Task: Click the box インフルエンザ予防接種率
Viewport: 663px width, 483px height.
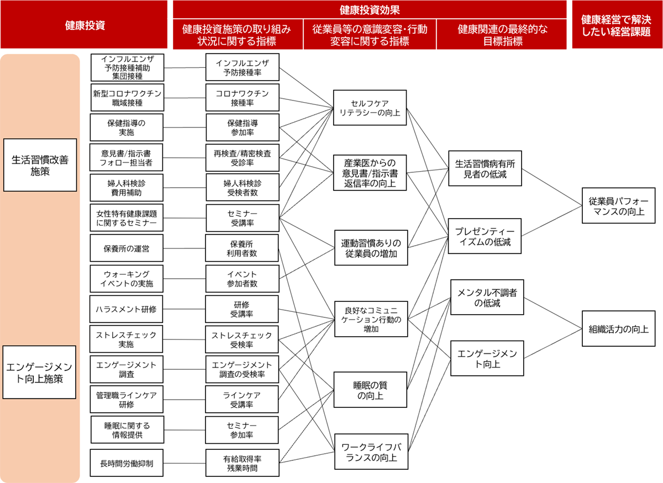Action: coord(243,67)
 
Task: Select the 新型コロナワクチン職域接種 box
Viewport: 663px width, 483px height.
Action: coord(127,98)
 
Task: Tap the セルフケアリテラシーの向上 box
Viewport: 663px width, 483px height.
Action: coord(370,108)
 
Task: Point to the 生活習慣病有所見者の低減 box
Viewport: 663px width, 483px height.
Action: coord(485,168)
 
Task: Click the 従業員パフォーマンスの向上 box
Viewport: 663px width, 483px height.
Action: coord(618,205)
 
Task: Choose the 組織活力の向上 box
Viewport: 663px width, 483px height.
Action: coord(618,328)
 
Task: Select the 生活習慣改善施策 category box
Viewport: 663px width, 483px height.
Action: coord(40,165)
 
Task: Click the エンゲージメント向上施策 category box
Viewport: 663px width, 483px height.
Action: coord(39,373)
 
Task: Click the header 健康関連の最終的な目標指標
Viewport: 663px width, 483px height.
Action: coord(502,34)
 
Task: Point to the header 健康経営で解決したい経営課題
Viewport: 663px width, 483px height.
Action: coord(617,24)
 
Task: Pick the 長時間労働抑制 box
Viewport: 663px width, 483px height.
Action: coord(127,463)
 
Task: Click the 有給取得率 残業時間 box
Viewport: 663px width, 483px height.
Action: coord(243,463)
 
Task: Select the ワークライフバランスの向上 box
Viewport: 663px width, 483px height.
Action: coord(371,452)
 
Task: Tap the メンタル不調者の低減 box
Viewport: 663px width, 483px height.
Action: coord(487,298)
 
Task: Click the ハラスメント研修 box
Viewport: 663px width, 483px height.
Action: coord(127,309)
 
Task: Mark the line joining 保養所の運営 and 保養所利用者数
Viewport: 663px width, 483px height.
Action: coord(185,248)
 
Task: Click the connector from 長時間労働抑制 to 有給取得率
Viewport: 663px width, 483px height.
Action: coord(185,463)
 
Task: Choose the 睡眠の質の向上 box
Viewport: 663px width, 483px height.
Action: coord(370,390)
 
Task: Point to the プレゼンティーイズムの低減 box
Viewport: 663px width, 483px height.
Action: coord(485,236)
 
